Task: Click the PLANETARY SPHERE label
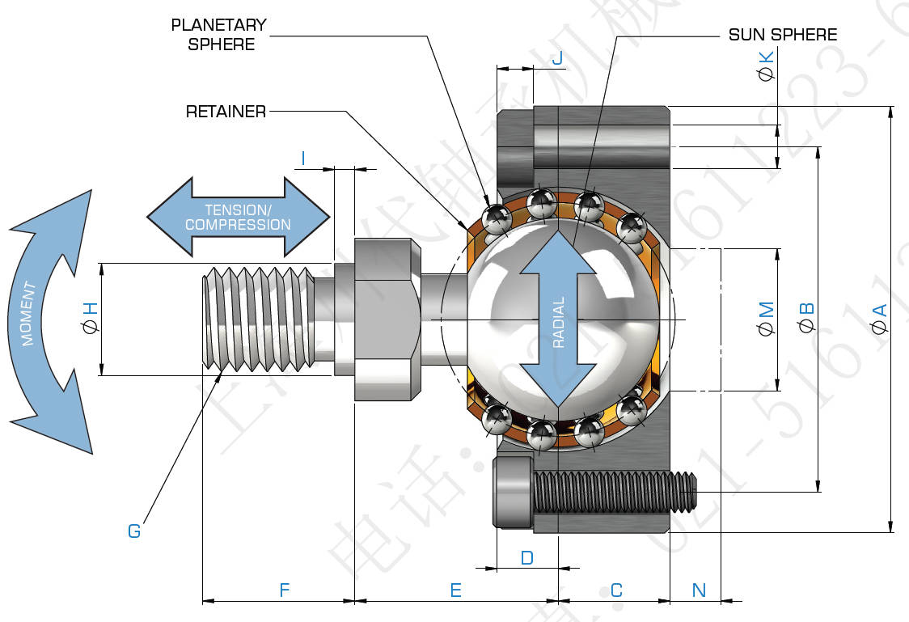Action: (218, 35)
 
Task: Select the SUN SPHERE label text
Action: (782, 35)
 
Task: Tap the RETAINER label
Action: (226, 112)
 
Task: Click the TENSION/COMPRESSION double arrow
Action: (238, 217)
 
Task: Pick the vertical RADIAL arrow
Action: (557, 319)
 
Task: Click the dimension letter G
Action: (134, 531)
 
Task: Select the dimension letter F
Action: (284, 590)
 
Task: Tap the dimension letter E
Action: (455, 590)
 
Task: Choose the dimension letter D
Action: (526, 558)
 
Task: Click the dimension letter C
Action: (616, 590)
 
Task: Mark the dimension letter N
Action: (700, 590)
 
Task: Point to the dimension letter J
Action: (556, 57)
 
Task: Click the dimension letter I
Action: (302, 159)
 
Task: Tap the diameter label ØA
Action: (879, 317)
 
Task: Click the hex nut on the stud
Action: (387, 319)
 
